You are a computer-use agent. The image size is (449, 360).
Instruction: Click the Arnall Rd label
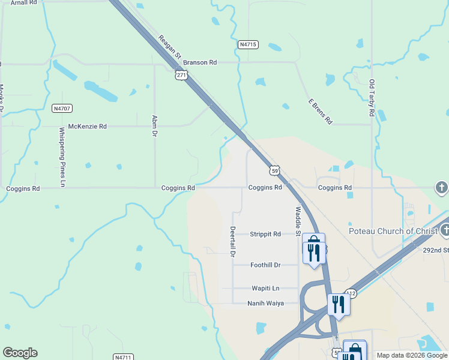(24, 2)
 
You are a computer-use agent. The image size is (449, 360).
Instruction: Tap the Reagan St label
(170, 46)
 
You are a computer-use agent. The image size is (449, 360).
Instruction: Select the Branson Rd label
(199, 62)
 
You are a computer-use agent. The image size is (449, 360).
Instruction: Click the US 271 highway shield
(182, 75)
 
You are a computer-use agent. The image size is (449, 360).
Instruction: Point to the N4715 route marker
(247, 44)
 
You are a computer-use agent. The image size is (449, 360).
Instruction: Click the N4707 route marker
(62, 109)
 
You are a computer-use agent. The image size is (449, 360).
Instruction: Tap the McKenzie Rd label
(87, 127)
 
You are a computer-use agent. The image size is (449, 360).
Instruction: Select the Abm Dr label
(155, 126)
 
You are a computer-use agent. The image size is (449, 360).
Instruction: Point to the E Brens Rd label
(319, 112)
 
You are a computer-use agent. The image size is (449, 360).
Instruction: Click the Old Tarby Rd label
(372, 97)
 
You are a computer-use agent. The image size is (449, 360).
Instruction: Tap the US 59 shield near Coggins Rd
(274, 171)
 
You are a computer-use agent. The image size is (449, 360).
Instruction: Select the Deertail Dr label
(232, 241)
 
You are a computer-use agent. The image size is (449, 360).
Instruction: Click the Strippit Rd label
(265, 234)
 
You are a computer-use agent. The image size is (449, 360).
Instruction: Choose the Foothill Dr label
(265, 265)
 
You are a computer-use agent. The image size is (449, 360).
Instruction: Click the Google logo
(20, 353)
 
